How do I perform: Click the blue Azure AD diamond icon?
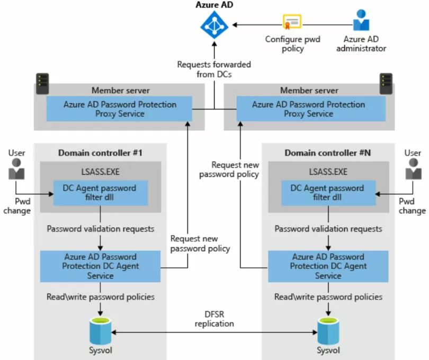[214, 25]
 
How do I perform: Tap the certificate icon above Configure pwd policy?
[292, 22]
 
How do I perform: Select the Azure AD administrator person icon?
[361, 20]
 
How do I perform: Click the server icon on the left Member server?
[42, 84]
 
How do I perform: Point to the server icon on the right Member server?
[386, 84]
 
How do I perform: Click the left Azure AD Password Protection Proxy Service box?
[119, 109]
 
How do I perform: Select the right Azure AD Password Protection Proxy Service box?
[311, 109]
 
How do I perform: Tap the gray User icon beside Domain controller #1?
[16, 169]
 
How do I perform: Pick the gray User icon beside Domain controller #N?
[413, 169]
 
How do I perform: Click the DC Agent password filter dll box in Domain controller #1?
[101, 193]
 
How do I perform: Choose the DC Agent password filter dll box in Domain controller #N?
[328, 193]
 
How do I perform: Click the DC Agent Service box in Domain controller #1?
[101, 266]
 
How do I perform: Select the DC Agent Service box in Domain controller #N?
[328, 266]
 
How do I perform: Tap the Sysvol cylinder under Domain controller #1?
[101, 331]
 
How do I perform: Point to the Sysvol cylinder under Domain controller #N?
[328, 331]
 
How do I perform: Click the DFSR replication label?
[214, 319]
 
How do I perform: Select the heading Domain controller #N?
[328, 152]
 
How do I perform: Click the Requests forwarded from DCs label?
[214, 69]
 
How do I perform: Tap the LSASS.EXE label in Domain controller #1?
[101, 172]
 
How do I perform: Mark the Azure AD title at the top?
[214, 5]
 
